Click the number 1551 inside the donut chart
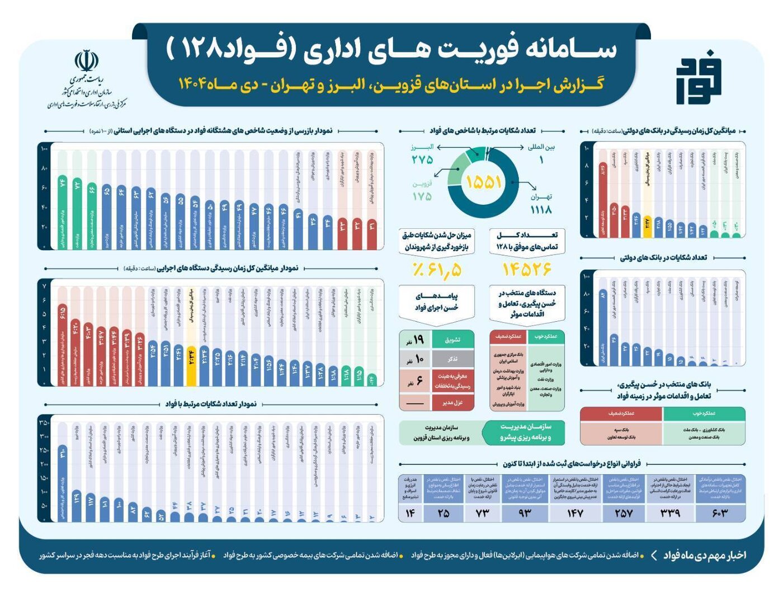click(x=483, y=182)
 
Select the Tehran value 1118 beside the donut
click(x=540, y=209)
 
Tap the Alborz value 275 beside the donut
click(x=422, y=160)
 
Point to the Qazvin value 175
click(x=422, y=196)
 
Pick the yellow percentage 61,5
click(x=437, y=270)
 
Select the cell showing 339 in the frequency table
click(x=670, y=513)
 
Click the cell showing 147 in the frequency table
click(x=575, y=513)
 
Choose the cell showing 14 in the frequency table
click(x=410, y=513)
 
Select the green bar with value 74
click(x=62, y=213)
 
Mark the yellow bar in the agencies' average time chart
click(x=191, y=364)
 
